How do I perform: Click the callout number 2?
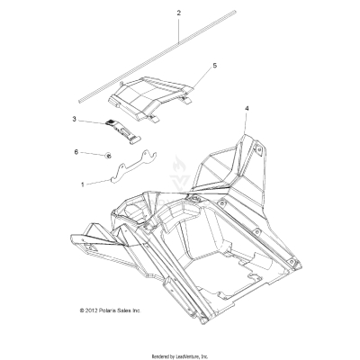pyautogui.click(x=179, y=13)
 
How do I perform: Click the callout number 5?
pyautogui.click(x=214, y=66)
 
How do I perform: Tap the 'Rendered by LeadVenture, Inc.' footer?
pyautogui.click(x=180, y=355)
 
